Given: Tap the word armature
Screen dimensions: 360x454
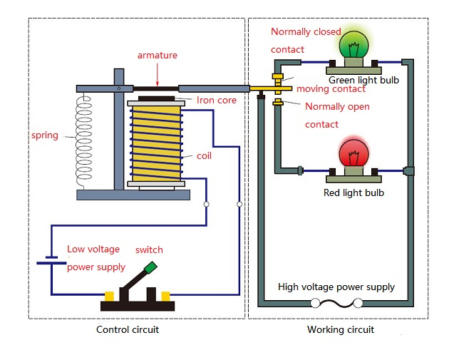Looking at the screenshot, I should (x=158, y=55).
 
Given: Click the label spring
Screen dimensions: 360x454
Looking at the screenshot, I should (x=44, y=135).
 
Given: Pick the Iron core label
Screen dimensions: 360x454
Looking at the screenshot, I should (x=216, y=101).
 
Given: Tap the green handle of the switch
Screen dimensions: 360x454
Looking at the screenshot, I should (x=150, y=268).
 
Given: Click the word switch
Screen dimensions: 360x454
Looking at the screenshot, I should (x=149, y=250).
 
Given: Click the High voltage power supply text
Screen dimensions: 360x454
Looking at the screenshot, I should (x=336, y=287).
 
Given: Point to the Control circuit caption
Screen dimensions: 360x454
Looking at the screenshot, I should (x=128, y=329).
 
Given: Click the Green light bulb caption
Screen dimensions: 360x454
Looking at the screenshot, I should (x=363, y=81).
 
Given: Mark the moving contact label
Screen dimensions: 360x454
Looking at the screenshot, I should (x=331, y=89).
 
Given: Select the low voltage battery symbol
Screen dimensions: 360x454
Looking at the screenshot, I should (x=51, y=262).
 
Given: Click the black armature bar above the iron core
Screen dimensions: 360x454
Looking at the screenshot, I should (x=157, y=88).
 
